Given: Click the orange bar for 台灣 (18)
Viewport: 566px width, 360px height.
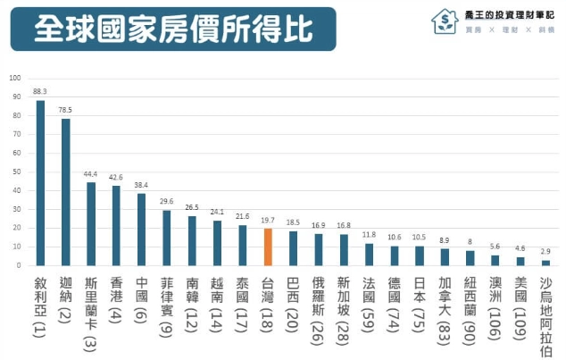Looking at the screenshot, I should pyautogui.click(x=268, y=247).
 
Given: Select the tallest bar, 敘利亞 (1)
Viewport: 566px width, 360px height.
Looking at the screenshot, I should pyautogui.click(x=40, y=182).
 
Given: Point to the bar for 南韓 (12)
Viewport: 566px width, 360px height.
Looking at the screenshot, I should pyautogui.click(x=192, y=240).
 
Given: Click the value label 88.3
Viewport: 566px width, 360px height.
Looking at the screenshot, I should pyautogui.click(x=40, y=91).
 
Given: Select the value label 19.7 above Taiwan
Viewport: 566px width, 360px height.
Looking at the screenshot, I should pyautogui.click(x=268, y=220).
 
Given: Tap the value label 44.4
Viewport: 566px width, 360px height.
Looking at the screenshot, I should pyautogui.click(x=90, y=173).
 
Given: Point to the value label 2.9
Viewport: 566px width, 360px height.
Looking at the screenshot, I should pyautogui.click(x=545, y=252).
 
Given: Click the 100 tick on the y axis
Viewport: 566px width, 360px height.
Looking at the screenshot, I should pyautogui.click(x=15, y=78).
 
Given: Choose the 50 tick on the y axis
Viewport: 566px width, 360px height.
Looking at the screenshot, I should pyautogui.click(x=16, y=172).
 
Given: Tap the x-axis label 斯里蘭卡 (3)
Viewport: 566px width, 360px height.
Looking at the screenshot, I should pyautogui.click(x=90, y=314).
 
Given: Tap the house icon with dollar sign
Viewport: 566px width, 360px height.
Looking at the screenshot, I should pyautogui.click(x=444, y=21).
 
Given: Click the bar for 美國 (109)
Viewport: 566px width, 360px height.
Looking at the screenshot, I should pyautogui.click(x=520, y=261).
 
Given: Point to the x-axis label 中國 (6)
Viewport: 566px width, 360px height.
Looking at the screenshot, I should pyautogui.click(x=141, y=301).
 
